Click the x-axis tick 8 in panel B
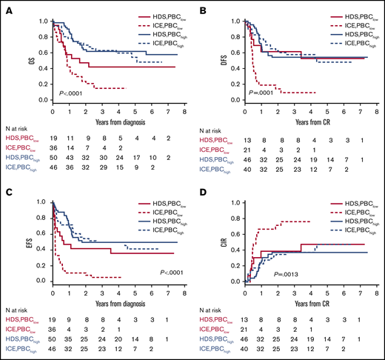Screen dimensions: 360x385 pos(376,111)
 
